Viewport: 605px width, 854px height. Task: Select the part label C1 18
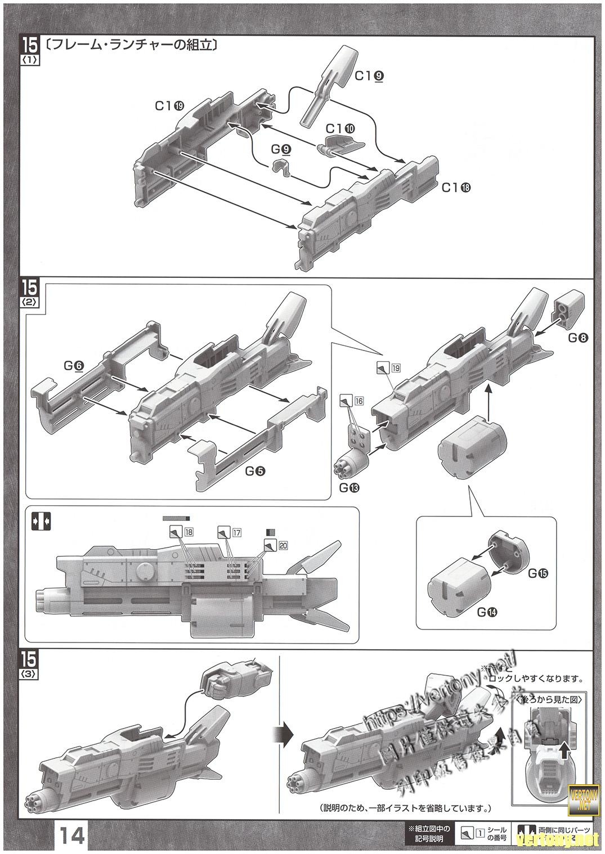456,187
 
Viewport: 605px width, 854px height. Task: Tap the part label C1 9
372,75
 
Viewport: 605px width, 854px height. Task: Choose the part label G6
74,366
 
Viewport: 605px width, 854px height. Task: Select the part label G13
349,487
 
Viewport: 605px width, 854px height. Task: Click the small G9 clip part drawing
281,167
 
